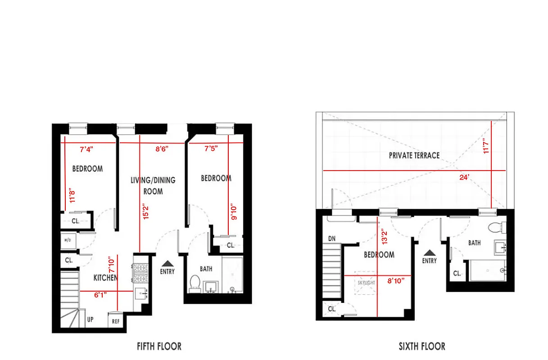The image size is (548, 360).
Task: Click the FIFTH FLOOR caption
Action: point(159,346)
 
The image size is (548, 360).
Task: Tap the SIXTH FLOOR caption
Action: point(422,346)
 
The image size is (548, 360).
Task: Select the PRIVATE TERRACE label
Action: point(414,156)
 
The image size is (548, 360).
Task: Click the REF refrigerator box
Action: point(116,322)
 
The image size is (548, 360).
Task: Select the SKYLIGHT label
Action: point(366,283)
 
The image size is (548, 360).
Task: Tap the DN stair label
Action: point(331,238)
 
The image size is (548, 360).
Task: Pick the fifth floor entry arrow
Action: point(168,263)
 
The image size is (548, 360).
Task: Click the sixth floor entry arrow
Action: point(430,253)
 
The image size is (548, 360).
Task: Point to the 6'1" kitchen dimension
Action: point(100,296)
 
